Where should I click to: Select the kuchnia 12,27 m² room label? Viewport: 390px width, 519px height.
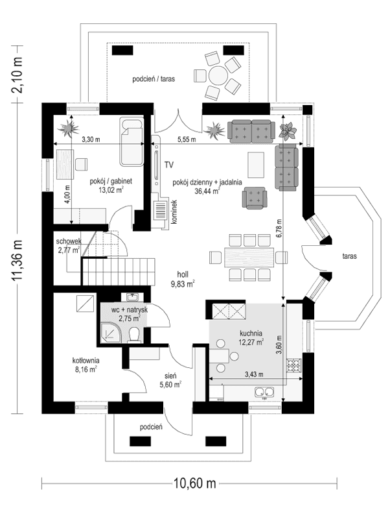click(x=249, y=338)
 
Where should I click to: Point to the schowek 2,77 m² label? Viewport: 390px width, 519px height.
click(x=68, y=245)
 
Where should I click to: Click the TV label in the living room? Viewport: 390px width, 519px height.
click(x=170, y=165)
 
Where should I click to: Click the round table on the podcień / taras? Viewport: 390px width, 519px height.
click(x=218, y=77)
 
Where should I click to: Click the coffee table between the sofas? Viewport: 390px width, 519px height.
click(x=257, y=163)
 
